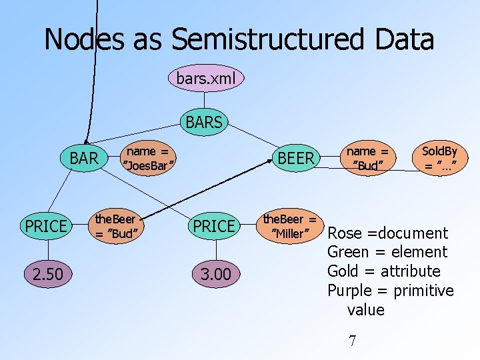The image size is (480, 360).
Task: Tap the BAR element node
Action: point(84,158)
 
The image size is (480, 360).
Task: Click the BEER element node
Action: point(295,158)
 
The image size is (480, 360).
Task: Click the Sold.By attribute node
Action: point(439,158)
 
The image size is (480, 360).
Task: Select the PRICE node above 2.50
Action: point(45,226)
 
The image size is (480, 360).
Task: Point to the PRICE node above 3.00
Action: point(213,226)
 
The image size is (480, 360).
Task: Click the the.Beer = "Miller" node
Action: point(289,226)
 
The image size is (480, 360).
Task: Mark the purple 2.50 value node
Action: point(45,274)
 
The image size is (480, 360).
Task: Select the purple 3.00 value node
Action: point(213,274)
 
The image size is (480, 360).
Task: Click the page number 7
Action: point(353,341)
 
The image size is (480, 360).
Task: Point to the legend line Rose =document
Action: point(388,233)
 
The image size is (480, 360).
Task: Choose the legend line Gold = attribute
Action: point(383,271)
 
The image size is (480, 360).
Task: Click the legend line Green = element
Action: point(387,252)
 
